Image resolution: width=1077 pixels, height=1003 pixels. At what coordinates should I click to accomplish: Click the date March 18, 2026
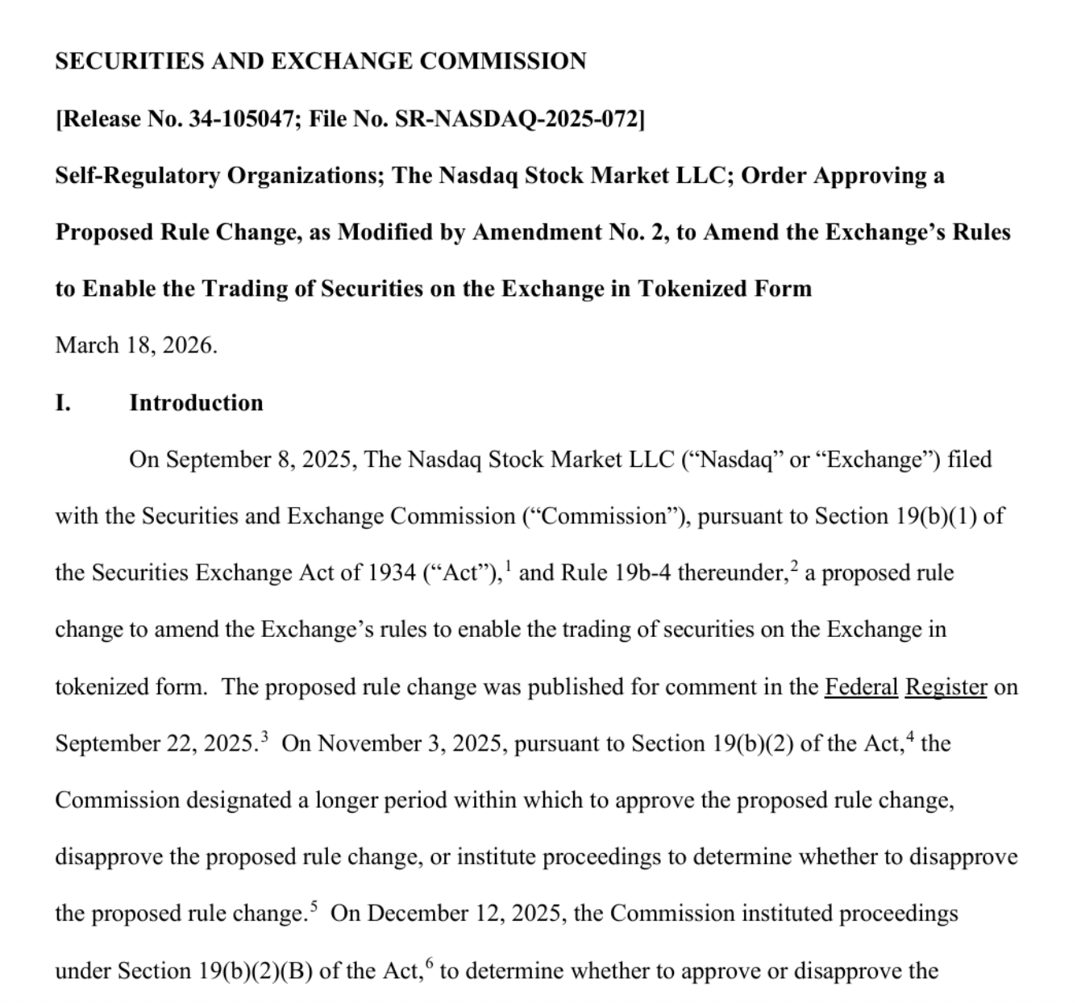pyautogui.click(x=136, y=346)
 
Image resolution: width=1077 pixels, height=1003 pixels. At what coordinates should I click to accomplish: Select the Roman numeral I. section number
pyautogui.click(x=63, y=403)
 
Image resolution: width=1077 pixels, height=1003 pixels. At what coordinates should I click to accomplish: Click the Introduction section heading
pyautogui.click(x=196, y=403)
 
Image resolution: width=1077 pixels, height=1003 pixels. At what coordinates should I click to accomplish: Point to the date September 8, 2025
pyautogui.click(x=242, y=460)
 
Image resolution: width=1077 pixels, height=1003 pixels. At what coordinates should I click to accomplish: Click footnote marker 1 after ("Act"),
pyautogui.click(x=507, y=566)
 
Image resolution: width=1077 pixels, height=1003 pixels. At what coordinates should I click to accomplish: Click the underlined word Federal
pyautogui.click(x=860, y=687)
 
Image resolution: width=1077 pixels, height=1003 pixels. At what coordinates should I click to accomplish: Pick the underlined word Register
pyautogui.click(x=946, y=687)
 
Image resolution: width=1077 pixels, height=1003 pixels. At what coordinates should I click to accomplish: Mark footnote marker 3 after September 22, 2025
pyautogui.click(x=265, y=736)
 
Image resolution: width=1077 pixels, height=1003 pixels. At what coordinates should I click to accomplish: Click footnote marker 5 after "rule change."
pyautogui.click(x=314, y=906)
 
